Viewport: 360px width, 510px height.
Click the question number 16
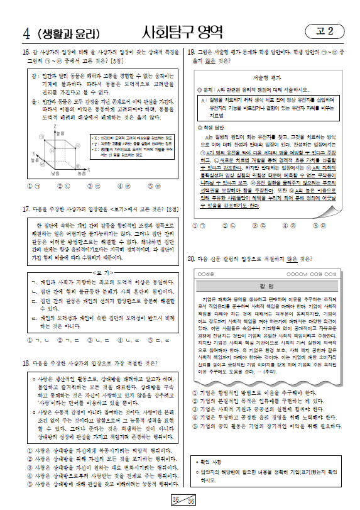(x=25, y=52)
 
